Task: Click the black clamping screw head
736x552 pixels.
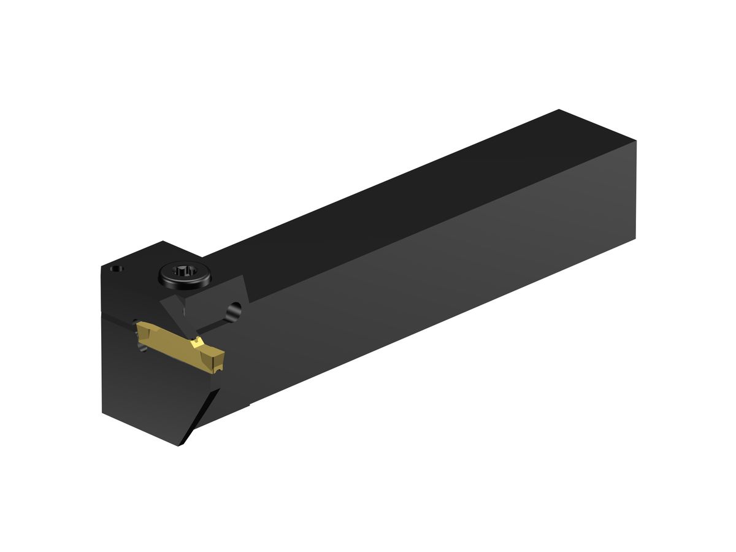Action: (184, 275)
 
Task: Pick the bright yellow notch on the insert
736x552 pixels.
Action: (197, 341)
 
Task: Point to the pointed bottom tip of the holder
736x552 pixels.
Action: (180, 445)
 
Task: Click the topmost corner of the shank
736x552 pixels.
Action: (559, 110)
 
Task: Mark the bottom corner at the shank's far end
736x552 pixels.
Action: (635, 238)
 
